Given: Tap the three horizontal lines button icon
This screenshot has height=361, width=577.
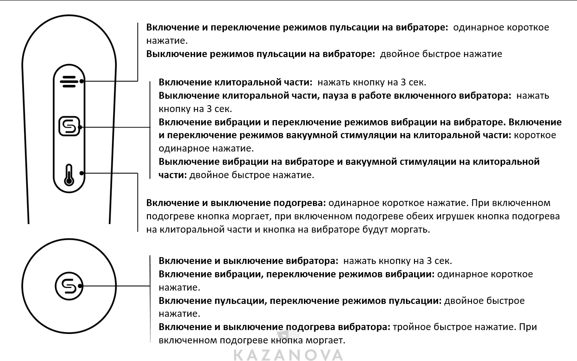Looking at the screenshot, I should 68,81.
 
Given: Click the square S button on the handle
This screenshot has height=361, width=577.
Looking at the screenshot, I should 69,127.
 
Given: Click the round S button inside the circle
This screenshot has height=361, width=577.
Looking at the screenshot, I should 68,285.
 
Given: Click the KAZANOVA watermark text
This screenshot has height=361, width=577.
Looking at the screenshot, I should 288,355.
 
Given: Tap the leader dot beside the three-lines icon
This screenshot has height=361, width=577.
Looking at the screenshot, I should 81,81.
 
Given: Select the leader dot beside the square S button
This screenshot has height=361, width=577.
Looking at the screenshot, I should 81,127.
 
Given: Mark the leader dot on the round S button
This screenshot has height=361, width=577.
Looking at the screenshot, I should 81,285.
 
